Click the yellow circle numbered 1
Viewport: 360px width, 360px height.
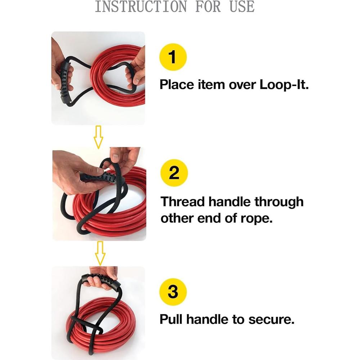coord(173,57)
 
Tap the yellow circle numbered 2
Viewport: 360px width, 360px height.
coord(174,173)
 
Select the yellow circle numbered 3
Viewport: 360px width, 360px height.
coord(173,291)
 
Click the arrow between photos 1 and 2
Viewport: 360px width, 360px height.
coord(98,136)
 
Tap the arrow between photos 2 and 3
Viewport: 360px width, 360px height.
coord(100,253)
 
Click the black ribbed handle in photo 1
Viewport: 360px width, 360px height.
coord(65,82)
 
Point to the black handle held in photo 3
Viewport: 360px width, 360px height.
coord(101,279)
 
